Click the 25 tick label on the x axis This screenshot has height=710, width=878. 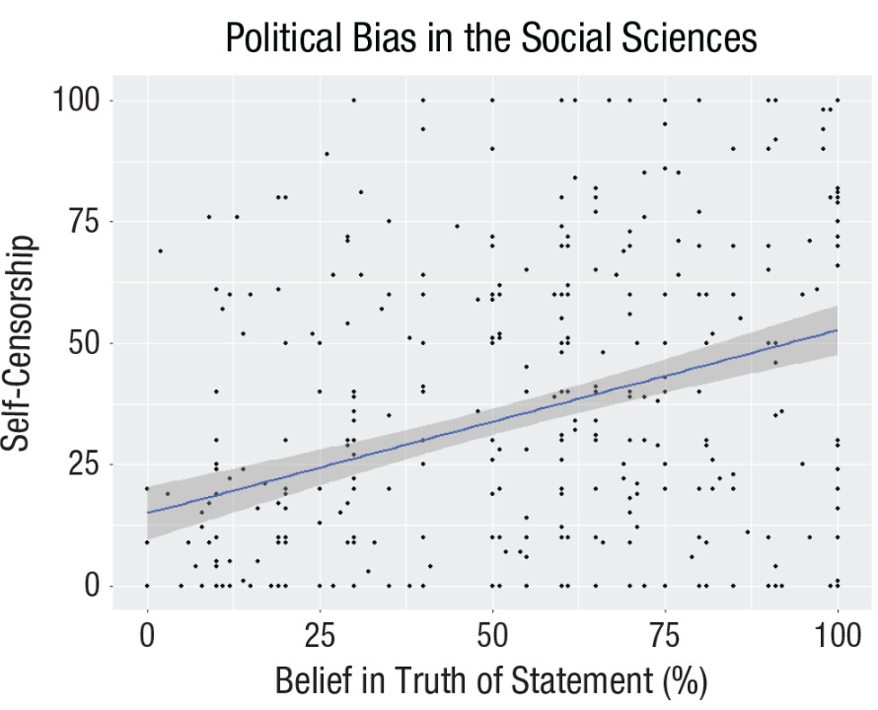[320, 632]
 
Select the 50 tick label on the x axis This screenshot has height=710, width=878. [492, 632]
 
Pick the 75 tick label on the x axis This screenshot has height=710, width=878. [665, 632]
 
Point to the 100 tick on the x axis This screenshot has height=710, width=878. [838, 632]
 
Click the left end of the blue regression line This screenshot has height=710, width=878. [148, 512]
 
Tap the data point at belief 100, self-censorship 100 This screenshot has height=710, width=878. [838, 100]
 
